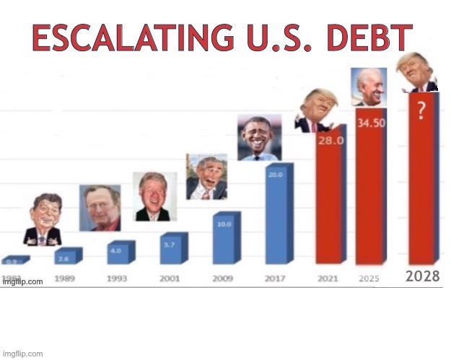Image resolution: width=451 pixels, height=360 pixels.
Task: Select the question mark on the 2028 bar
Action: [420, 110]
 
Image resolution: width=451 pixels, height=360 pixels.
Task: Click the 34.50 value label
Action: [371, 123]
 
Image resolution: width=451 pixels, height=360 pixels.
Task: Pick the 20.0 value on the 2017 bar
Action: [275, 174]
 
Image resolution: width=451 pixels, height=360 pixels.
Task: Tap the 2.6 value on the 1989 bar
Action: [64, 258]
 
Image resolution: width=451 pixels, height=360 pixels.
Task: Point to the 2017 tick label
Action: [275, 278]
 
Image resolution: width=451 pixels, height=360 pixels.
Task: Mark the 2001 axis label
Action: [170, 278]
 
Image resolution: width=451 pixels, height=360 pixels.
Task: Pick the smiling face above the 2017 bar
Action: [259, 136]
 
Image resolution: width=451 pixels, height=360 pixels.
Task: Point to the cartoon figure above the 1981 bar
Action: [42, 220]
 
